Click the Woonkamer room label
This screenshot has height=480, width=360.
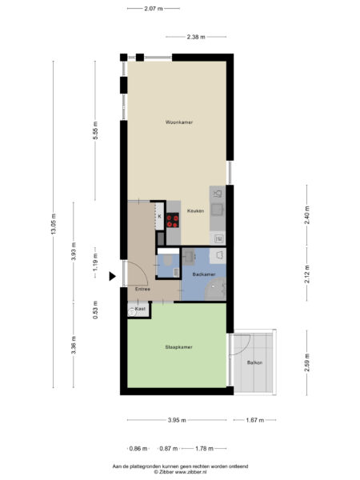pos(179,122)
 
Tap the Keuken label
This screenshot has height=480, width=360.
pos(196,210)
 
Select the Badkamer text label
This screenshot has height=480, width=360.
pos(204,274)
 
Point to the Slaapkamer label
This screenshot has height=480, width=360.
pos(179,347)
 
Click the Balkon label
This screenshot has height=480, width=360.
pos(254,362)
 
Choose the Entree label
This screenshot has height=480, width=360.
pos(142,289)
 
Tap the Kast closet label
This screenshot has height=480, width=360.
pos(140,308)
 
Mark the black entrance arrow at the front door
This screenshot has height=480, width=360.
pos(114,276)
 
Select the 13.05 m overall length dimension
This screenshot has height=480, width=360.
pos(54,226)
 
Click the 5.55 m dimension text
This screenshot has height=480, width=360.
pos(95,135)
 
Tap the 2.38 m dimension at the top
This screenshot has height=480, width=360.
pos(195,37)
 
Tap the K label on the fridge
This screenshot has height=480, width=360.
pos(159,216)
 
